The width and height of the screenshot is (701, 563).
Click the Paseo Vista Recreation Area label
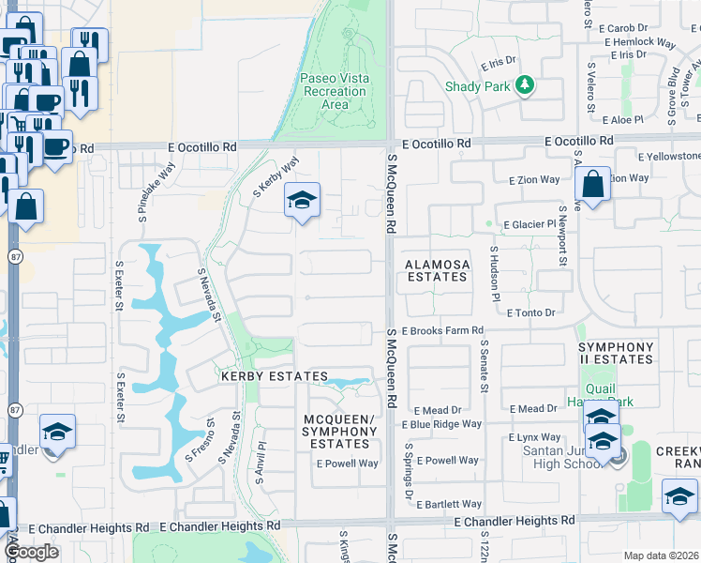pyautogui.click(x=335, y=91)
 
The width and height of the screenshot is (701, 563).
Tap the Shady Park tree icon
pyautogui.click(x=527, y=85)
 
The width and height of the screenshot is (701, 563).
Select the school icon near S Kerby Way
pyautogui.click(x=302, y=200)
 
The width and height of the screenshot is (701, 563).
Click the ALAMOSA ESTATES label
pyautogui.click(x=437, y=271)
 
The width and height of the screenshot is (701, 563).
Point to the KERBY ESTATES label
pyautogui.click(x=261, y=375)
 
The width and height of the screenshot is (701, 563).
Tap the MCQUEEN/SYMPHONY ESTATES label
pyautogui.click(x=340, y=431)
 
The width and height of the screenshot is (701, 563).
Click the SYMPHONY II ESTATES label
pyautogui.click(x=616, y=353)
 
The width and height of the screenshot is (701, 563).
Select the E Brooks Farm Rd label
pyautogui.click(x=442, y=331)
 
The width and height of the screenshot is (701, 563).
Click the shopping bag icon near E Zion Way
pyautogui.click(x=592, y=185)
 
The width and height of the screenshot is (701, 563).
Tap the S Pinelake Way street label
pyautogui.click(x=142, y=190)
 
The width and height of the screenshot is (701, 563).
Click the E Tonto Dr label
pyautogui.click(x=530, y=312)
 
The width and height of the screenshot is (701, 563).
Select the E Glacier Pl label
pyautogui.click(x=531, y=225)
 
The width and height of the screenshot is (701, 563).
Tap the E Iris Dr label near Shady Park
pyautogui.click(x=499, y=64)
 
